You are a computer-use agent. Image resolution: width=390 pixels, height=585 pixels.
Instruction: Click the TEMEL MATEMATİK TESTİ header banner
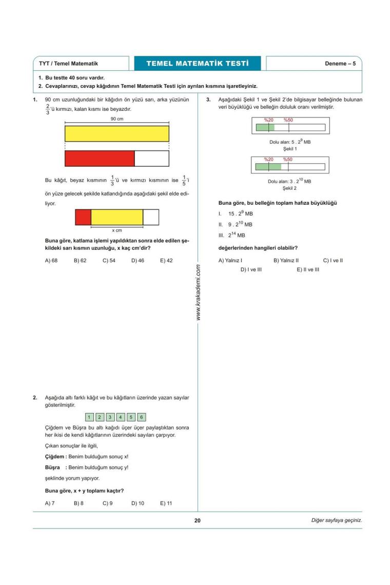[x=197, y=64]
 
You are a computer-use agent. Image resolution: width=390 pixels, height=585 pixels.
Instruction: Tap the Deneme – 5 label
[x=340, y=64]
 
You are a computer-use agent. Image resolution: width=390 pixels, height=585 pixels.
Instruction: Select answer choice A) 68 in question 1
[x=51, y=261]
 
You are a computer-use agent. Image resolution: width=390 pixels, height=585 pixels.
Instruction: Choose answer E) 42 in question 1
[x=166, y=261]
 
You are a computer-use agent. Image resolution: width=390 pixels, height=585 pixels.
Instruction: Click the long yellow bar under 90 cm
[x=117, y=133]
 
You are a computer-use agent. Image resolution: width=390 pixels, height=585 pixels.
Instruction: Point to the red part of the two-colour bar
[x=100, y=159]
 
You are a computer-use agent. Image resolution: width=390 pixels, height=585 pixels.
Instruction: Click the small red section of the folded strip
[x=83, y=217]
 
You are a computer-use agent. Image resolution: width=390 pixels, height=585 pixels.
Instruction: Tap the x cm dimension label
[x=117, y=230]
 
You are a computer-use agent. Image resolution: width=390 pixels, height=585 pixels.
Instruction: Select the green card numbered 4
[x=121, y=417]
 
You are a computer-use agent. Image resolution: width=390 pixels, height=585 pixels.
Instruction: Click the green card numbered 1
[x=89, y=417]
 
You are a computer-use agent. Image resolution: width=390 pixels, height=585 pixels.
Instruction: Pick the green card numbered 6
[x=142, y=417]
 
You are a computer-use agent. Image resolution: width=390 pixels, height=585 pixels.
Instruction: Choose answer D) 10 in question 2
[x=138, y=503]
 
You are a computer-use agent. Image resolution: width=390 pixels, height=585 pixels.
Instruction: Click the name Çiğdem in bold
[x=54, y=456]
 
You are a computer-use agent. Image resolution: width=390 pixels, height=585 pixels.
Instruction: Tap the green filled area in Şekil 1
[x=265, y=127]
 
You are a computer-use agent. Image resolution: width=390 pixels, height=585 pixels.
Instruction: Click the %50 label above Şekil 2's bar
[x=287, y=160]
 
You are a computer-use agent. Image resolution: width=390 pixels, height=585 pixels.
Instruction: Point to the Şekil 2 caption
[x=289, y=188]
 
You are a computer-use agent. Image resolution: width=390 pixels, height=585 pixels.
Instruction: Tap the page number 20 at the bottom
[x=198, y=520]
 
